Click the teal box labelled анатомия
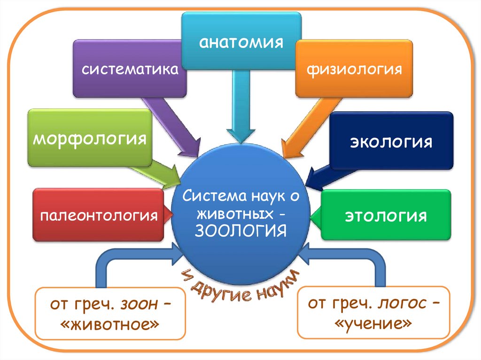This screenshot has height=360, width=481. (x=241, y=41)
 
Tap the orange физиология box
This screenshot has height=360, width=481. (x=354, y=69)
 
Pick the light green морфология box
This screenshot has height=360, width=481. (x=89, y=138)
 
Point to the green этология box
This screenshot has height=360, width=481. (x=386, y=215)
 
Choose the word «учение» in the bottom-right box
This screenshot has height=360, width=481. (x=374, y=323)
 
